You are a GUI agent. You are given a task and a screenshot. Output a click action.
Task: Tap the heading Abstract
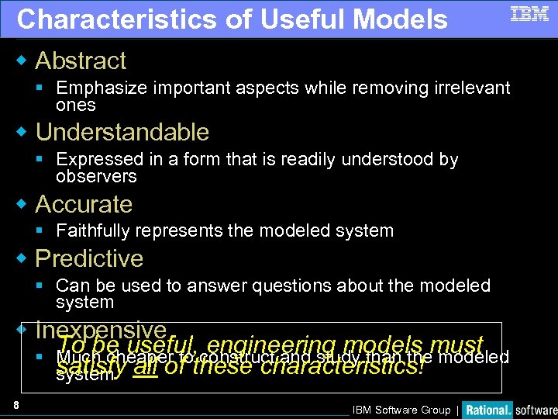[81, 61]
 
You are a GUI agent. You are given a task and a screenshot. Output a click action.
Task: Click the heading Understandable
[122, 132]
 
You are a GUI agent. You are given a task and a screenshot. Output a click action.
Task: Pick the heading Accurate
[84, 204]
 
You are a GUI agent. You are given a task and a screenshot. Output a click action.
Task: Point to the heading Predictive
[89, 258]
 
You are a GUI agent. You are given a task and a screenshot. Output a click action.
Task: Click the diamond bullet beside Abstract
[23, 60]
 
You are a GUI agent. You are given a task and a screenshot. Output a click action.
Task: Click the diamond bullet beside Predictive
[23, 258]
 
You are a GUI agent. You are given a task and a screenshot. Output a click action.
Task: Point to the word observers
[96, 177]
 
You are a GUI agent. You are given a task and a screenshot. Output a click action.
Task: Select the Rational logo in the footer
[487, 410]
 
